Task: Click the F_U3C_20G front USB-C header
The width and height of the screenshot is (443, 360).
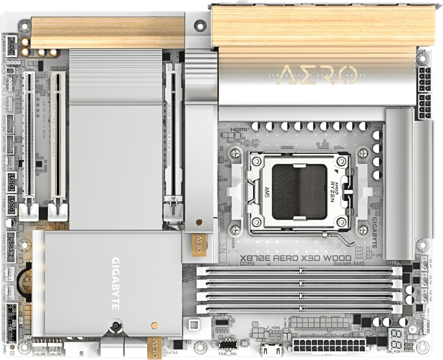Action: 229,345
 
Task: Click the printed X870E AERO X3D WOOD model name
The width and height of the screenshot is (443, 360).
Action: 286,258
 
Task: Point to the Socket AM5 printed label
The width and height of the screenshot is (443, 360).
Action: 350,264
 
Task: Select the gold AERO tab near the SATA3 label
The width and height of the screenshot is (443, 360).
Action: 155,347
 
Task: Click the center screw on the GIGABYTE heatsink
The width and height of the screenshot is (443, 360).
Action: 115,327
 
